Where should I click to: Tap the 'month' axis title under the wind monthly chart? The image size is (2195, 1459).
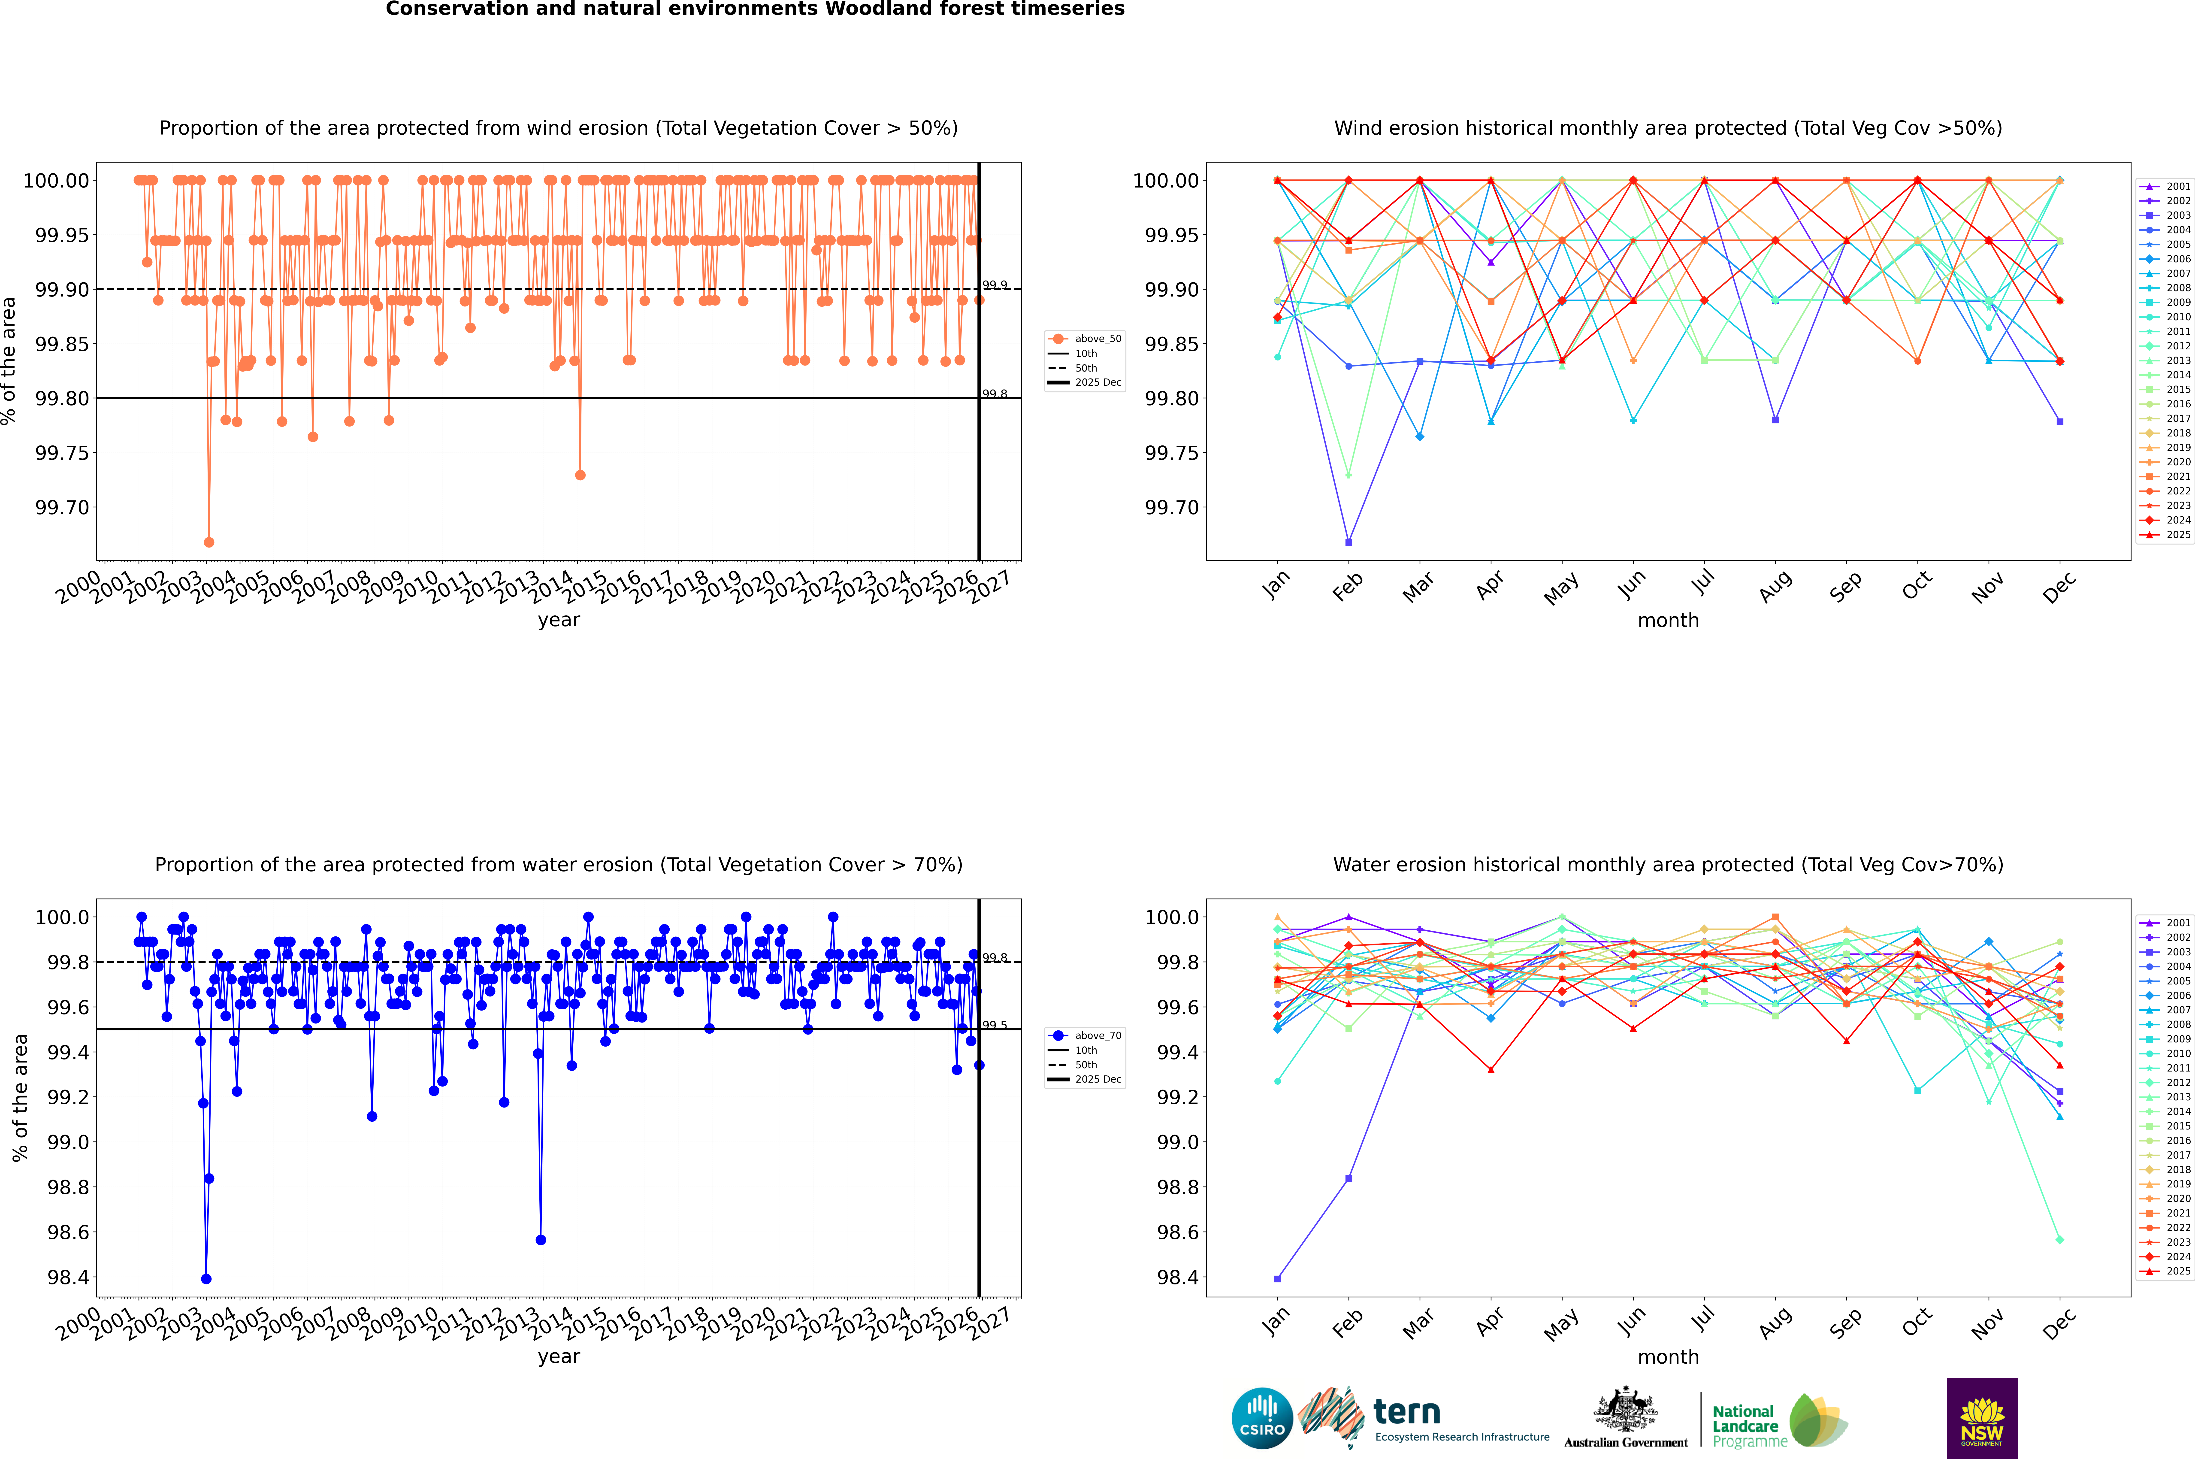tap(1667, 621)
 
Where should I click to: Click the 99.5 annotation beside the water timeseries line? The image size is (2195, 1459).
tap(995, 1025)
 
